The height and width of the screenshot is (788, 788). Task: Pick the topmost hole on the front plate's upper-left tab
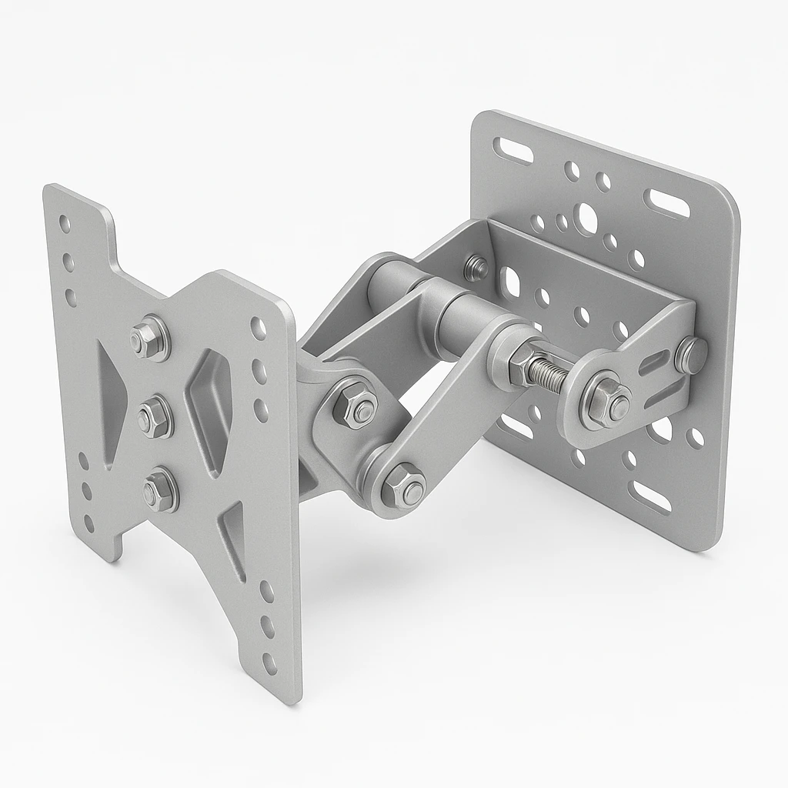pyautogui.click(x=65, y=224)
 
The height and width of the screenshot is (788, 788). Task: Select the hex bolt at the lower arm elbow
pyautogui.click(x=402, y=486)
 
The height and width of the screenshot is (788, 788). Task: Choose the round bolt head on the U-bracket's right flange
pyautogui.click(x=690, y=355)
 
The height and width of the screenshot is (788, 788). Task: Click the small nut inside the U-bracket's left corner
pyautogui.click(x=476, y=267)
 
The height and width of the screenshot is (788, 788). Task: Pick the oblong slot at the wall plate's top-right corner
pyautogui.click(x=666, y=203)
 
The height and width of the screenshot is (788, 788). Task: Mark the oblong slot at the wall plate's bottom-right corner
pyautogui.click(x=649, y=497)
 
